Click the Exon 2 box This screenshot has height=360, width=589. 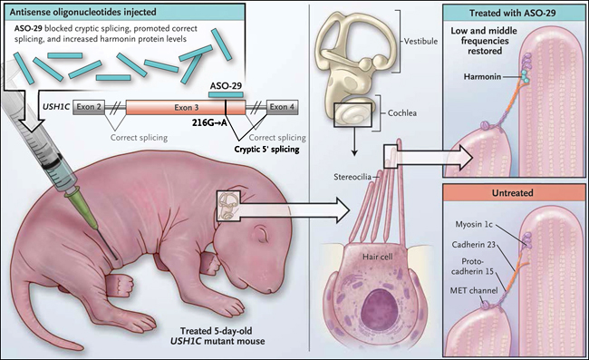(89, 107)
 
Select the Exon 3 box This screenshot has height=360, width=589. (186, 108)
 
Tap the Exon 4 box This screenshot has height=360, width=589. (283, 107)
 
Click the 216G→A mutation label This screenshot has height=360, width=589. (209, 122)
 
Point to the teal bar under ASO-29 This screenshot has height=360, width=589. (226, 94)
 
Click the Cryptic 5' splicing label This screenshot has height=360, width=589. (266, 150)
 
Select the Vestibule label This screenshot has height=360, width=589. (420, 42)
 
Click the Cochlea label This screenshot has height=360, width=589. (402, 112)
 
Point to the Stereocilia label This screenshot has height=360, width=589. (352, 177)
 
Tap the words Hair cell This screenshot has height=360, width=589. (378, 257)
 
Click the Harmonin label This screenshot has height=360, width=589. (482, 77)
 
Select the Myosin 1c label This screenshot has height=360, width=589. (474, 224)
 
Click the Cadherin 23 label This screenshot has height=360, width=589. (474, 245)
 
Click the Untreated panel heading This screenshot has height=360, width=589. (512, 193)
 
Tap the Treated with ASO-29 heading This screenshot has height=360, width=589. (512, 14)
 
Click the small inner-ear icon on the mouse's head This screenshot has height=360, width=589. (227, 206)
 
